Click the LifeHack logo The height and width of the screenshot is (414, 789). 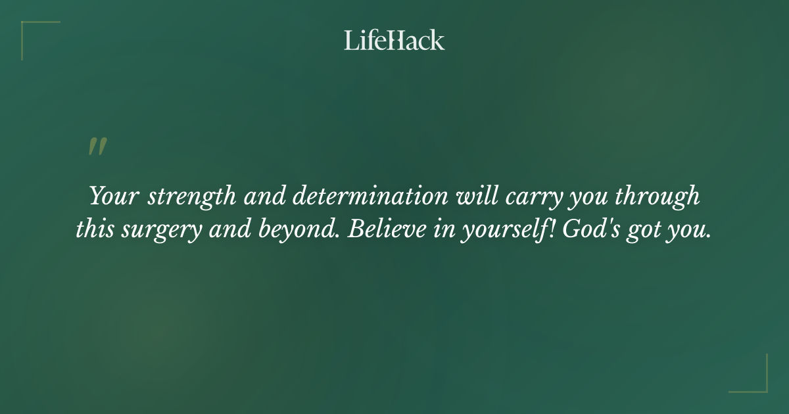pyautogui.click(x=394, y=40)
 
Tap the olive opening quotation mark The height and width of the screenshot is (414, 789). pyautogui.click(x=97, y=147)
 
